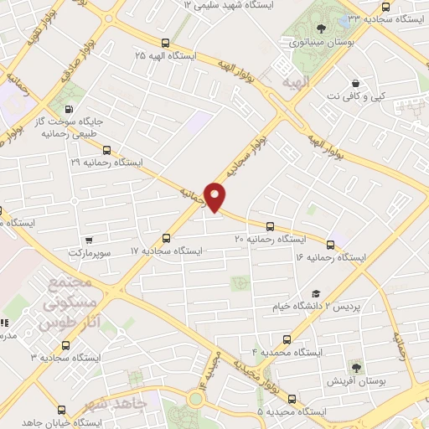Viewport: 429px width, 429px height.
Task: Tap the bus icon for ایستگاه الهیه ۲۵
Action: pyautogui.click(x=165, y=43)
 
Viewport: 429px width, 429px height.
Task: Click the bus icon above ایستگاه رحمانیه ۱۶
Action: pyautogui.click(x=330, y=245)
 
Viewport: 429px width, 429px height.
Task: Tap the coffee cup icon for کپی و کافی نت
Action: pyautogui.click(x=356, y=84)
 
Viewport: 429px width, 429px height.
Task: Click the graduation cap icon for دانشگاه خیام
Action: pyautogui.click(x=316, y=293)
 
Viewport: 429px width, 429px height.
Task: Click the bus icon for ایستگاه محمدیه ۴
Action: pyautogui.click(x=288, y=339)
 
